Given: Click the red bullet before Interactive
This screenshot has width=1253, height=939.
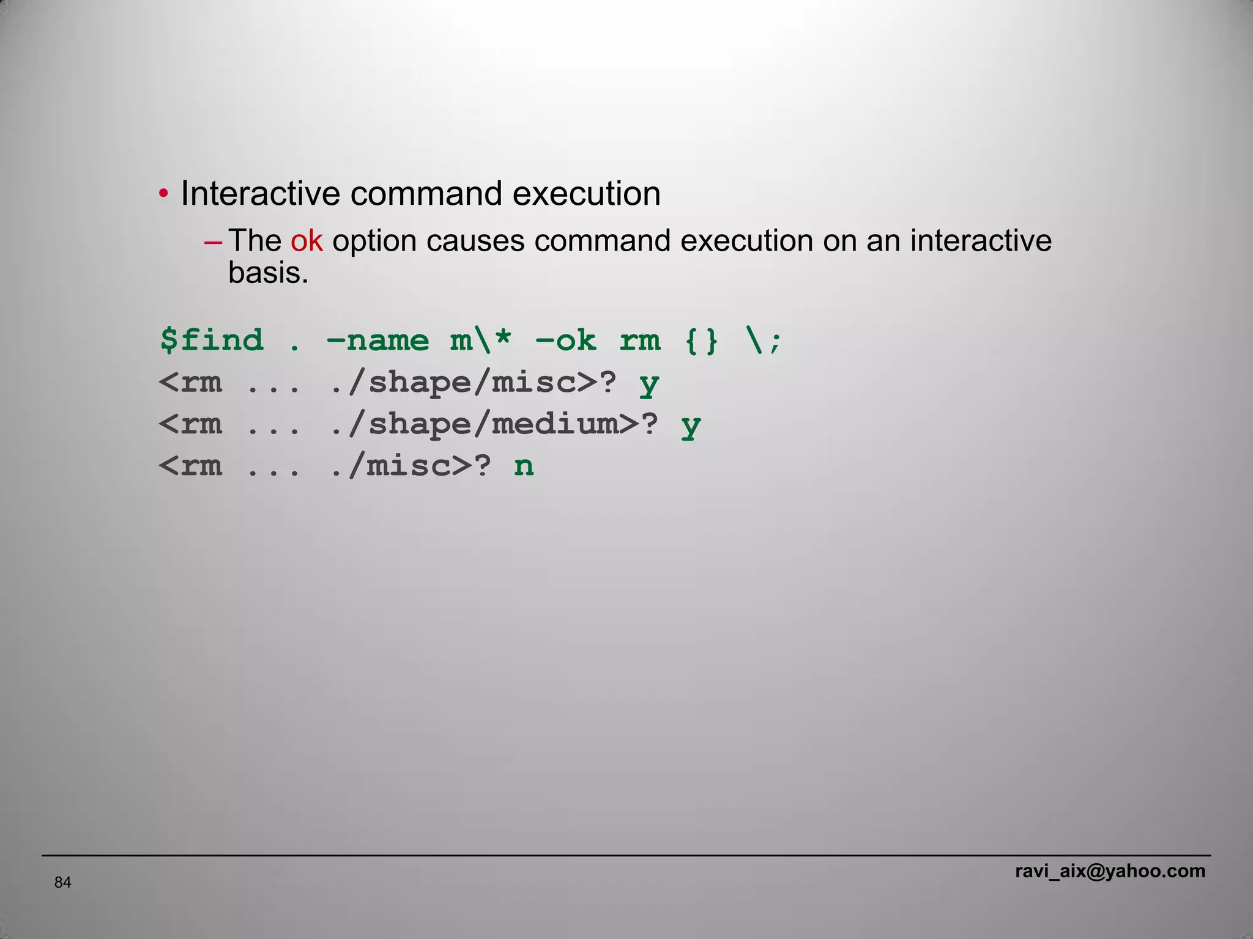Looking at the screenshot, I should coord(163,194).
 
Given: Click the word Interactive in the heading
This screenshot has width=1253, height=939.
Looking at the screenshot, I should coord(260,194).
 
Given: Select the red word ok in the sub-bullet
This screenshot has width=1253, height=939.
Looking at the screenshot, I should coord(306,240).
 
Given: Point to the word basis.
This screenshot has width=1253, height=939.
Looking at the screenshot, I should coord(268,273).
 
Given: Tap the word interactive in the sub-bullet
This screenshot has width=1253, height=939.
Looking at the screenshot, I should coord(981,240).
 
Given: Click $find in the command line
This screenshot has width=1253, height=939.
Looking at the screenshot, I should coord(212,340).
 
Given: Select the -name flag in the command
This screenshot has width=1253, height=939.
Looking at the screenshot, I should coord(378,340).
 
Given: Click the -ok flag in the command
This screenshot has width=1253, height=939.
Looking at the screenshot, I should coord(565,340).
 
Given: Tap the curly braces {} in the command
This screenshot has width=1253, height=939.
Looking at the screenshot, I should coord(701,340).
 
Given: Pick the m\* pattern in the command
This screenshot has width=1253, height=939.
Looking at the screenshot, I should coord(481,340).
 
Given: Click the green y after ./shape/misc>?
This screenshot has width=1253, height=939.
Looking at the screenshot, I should coord(649,384).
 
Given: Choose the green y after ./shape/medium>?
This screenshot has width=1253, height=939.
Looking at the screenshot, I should coord(691,425).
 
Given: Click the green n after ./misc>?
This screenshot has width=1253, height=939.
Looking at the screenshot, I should coord(524,466).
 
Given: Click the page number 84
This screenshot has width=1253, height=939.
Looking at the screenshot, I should coord(62,882).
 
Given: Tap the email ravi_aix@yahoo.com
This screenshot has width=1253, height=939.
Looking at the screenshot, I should coord(1110,871).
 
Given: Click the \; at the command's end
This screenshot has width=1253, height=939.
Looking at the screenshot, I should coord(764,340).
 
